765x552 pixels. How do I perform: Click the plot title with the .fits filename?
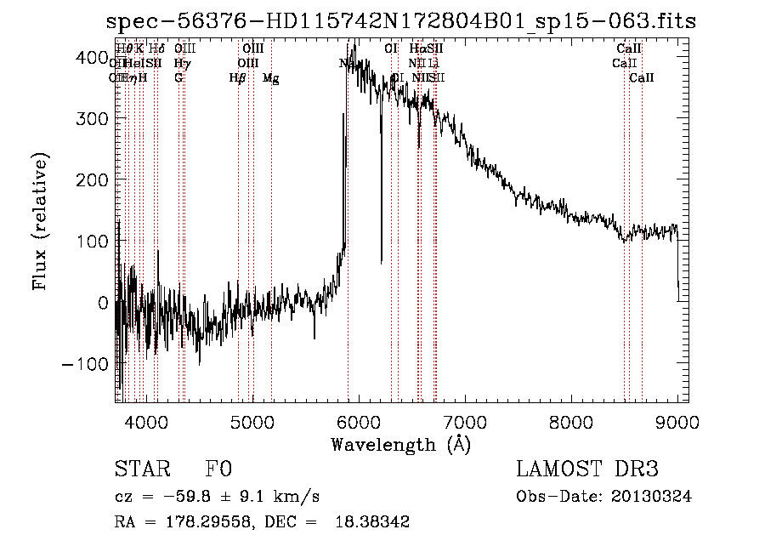coord(401,21)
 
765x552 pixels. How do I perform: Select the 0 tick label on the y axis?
coord(101,302)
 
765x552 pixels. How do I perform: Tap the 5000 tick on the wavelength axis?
coord(252,421)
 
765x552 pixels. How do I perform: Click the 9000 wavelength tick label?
coord(677,421)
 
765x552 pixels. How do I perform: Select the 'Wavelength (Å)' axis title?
coord(400,444)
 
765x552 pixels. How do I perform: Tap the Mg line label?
coord(270,78)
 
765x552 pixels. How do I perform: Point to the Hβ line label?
coord(237,78)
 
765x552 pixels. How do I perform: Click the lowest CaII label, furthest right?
coord(642,78)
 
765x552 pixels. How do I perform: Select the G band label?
coord(178,78)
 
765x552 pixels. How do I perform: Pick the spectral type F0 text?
coord(218,469)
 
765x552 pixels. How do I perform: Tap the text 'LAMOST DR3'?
coord(587,469)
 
